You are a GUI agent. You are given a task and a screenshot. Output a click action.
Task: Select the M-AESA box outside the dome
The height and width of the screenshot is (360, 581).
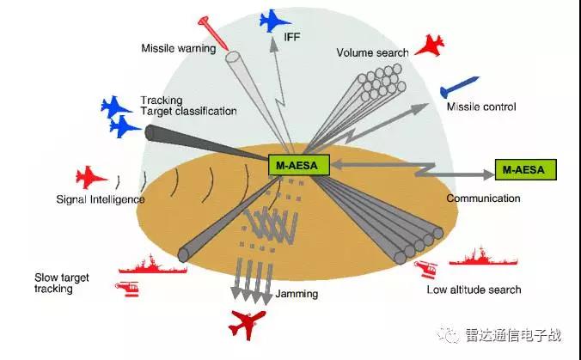526,169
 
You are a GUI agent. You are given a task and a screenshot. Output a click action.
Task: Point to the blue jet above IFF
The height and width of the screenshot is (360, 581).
278,20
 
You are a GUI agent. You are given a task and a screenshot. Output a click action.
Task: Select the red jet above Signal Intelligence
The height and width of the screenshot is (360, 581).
91,178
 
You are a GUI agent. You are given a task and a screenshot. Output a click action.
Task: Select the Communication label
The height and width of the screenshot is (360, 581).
483,198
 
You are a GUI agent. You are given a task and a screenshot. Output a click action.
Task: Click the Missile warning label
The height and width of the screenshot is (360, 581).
178,48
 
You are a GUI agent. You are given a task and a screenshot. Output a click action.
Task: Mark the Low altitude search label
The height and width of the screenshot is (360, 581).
474,290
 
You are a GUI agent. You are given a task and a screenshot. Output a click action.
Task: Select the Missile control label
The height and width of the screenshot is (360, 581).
480,107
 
